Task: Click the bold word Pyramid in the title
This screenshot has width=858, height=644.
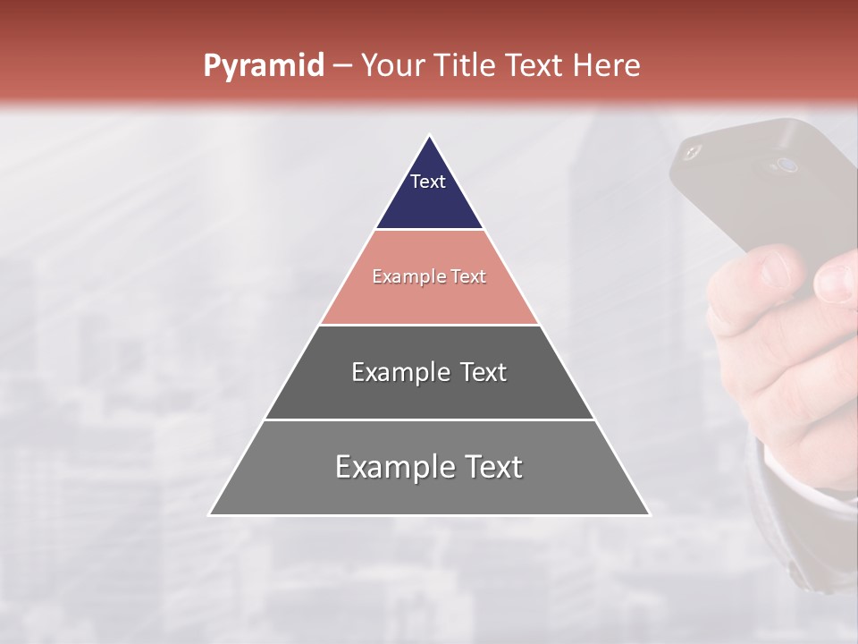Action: [x=264, y=65]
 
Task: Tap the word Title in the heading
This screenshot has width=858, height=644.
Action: [x=467, y=65]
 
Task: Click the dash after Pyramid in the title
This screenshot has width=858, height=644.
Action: [x=342, y=65]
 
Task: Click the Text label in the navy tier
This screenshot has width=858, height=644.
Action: [x=428, y=182]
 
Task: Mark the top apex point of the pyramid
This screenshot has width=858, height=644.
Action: [x=429, y=135]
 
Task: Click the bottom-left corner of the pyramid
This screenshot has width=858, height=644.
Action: [x=210, y=514]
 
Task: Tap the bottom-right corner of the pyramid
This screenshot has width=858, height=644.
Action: [x=649, y=514]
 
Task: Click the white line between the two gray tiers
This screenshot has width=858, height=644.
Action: [x=429, y=419]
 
